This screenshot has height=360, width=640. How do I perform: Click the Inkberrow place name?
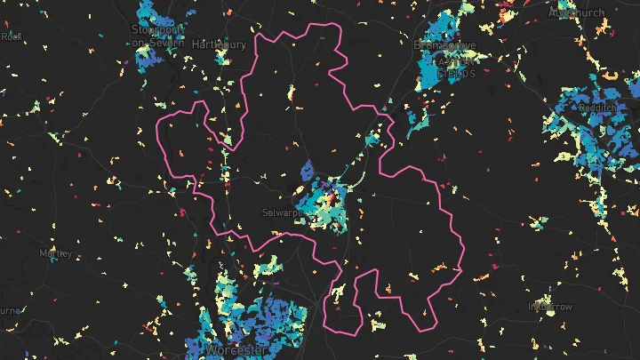[551, 306]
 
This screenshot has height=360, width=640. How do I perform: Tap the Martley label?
[55, 253]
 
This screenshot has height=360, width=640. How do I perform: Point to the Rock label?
[12, 36]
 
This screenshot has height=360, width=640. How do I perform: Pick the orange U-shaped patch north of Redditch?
[611, 76]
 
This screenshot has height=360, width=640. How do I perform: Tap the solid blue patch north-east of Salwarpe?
[308, 172]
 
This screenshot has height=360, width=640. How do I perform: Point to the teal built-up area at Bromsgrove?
[436, 67]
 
